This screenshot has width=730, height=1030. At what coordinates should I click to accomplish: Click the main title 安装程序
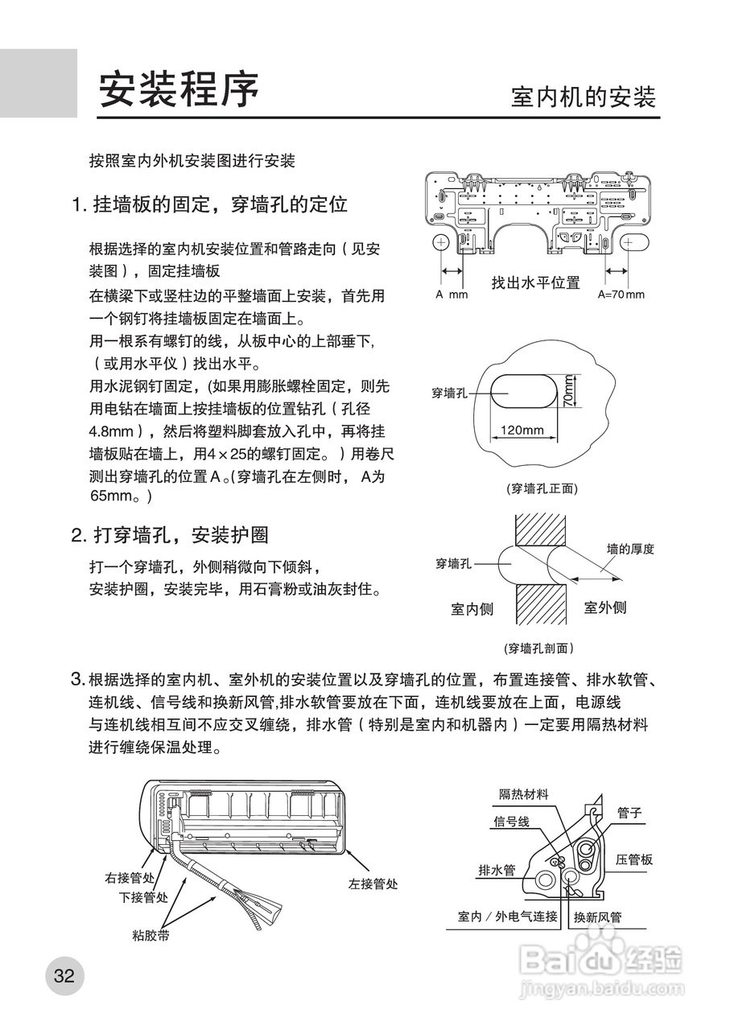pos(179,90)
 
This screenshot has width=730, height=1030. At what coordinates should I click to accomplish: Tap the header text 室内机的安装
pos(584,97)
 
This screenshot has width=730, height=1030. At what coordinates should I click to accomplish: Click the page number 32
pos(64,977)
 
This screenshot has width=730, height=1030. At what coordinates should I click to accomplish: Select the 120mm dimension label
pos(522,430)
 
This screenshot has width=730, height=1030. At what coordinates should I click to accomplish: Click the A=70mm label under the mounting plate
pos(621,295)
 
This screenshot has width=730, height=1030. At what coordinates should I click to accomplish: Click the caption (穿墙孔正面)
pos(542,488)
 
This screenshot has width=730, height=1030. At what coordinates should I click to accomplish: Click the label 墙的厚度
pos(630,549)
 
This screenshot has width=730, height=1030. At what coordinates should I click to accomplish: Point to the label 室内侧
pos(472,609)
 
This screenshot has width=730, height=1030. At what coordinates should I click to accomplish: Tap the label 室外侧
pos(605,608)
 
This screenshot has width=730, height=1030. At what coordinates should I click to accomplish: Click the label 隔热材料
pos(524,794)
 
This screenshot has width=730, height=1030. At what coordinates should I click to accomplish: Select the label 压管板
pos(634,859)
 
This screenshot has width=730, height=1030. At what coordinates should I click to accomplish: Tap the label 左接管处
pos(373,884)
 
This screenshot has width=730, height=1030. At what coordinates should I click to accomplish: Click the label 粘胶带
pos(151,935)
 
